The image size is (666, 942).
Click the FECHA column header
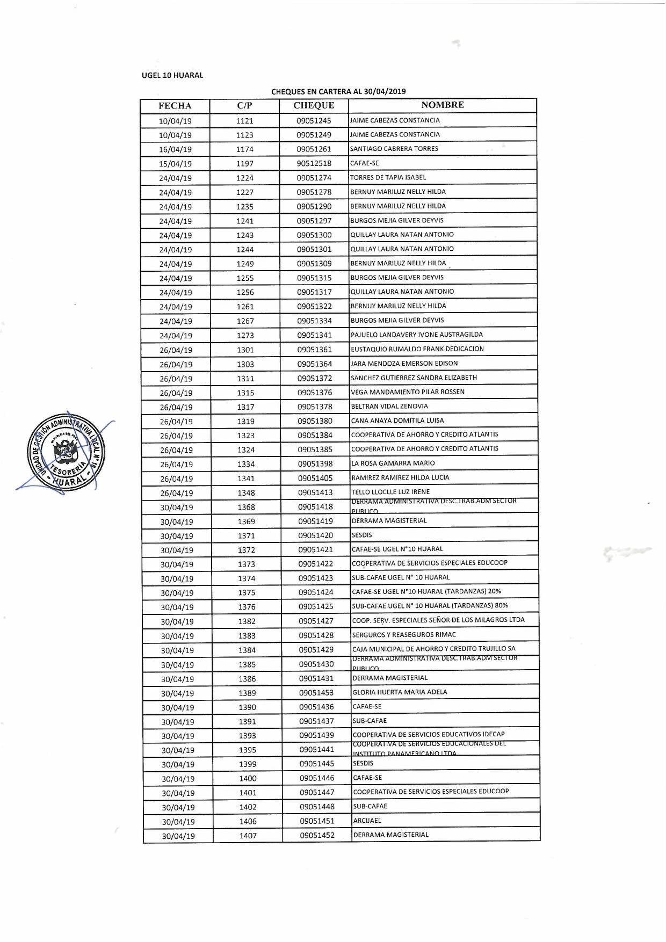pyautogui.click(x=175, y=106)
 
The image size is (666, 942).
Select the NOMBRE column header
pyautogui.click(x=443, y=105)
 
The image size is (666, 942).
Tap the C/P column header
pyautogui.click(x=244, y=106)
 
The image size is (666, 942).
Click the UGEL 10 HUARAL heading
pyautogui.click(x=172, y=76)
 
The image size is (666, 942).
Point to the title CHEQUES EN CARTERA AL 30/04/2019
pyautogui.click(x=338, y=91)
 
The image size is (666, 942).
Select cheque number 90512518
pyautogui.click(x=314, y=163)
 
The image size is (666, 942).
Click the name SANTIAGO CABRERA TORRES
pyautogui.click(x=394, y=149)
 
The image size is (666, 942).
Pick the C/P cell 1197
pyautogui.click(x=245, y=163)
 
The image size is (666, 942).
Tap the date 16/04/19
pyautogui.click(x=175, y=149)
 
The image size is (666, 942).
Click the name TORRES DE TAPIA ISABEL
pyautogui.click(x=388, y=177)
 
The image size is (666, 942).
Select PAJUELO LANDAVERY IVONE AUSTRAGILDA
pyautogui.click(x=417, y=335)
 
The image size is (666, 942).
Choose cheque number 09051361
pyautogui.click(x=315, y=350)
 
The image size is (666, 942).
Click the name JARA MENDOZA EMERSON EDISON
pyautogui.click(x=404, y=364)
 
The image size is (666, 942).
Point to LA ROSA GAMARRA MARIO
pyautogui.click(x=393, y=463)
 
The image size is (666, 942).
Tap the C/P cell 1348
pyautogui.click(x=246, y=493)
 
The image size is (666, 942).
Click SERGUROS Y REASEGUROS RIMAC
pyautogui.click(x=404, y=635)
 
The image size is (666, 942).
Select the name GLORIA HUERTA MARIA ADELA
pyautogui.click(x=400, y=692)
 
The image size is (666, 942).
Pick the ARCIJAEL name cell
pyautogui.click(x=367, y=821)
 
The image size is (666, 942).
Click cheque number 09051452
pyautogui.click(x=317, y=836)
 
